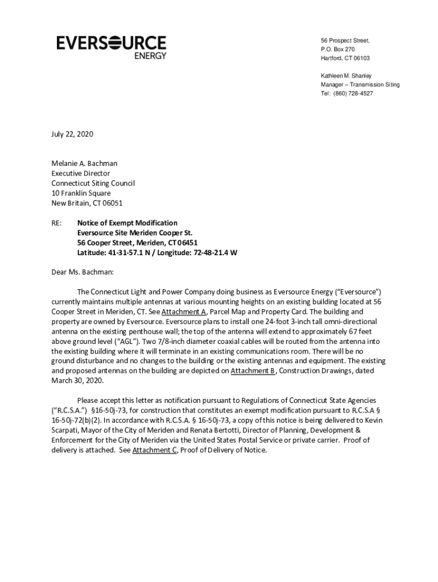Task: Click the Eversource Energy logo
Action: coord(111,47)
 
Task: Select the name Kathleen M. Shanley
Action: coord(346,76)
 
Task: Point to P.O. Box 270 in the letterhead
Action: coord(338,49)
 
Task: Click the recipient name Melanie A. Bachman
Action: coord(85,163)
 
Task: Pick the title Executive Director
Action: coord(81,173)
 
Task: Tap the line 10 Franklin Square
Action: coord(81,193)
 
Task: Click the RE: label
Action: coord(57,223)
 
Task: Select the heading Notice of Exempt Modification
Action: coord(127,223)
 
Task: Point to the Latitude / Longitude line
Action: coord(157,252)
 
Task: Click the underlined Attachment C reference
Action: coord(155,450)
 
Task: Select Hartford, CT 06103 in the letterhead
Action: coord(345,58)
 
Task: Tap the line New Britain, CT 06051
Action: coord(87,203)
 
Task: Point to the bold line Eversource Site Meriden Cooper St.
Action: coord(135,232)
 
